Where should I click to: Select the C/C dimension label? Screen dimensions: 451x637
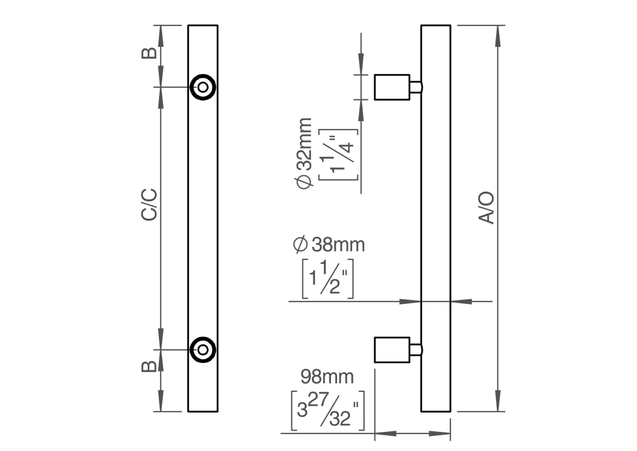click(x=149, y=205)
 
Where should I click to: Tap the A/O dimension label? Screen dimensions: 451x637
click(x=486, y=208)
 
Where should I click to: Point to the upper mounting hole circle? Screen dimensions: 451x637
click(x=202, y=87)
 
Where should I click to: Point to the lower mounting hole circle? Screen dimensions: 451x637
click(x=202, y=350)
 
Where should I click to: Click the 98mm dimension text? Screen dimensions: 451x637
click(x=327, y=375)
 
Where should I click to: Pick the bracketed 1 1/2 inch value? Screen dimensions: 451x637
click(x=328, y=278)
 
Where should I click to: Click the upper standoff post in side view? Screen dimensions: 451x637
click(x=392, y=87)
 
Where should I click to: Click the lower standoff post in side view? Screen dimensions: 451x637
click(x=392, y=350)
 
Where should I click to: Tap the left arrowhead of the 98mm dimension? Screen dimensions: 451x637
click(x=384, y=434)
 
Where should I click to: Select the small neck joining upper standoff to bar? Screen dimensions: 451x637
click(x=415, y=87)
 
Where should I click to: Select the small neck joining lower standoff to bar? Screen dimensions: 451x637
click(x=415, y=350)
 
